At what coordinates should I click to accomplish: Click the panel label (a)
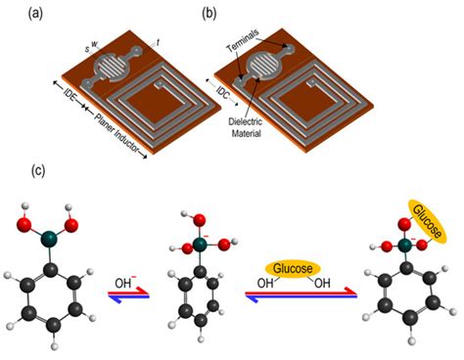17,14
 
